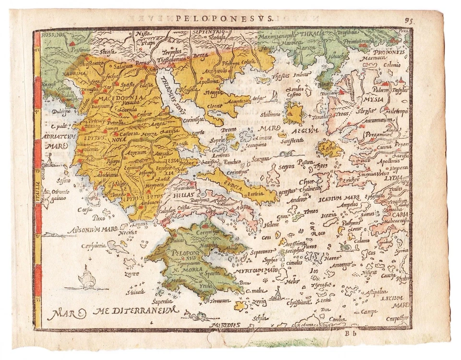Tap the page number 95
pos(409,20)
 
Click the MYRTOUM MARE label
pos(256,271)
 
